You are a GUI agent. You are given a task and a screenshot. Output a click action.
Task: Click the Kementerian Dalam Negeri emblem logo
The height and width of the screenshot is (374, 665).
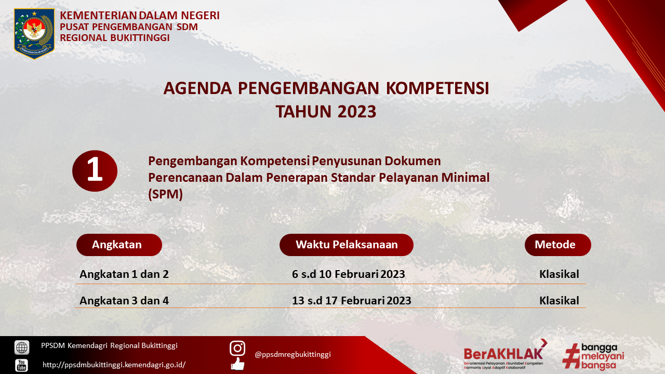[x=34, y=34]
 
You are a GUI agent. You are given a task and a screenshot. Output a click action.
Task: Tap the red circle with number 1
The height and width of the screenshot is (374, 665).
[x=95, y=171]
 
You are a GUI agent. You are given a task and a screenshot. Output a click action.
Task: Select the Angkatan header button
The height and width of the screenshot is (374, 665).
[x=119, y=245]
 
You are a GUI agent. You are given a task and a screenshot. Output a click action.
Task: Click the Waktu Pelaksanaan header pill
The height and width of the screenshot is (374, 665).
[x=347, y=245]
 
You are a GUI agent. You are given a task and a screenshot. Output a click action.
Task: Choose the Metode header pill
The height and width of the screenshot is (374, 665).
[x=558, y=245]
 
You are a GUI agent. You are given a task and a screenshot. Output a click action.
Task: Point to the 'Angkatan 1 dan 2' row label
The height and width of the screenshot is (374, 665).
[x=124, y=274]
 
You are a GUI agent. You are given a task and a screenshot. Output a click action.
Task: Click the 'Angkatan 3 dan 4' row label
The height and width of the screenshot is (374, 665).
[x=124, y=301]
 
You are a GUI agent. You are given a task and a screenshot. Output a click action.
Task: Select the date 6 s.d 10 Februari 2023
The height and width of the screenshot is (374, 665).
[x=349, y=274]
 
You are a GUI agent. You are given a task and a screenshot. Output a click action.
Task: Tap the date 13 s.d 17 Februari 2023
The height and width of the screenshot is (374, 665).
[x=352, y=301]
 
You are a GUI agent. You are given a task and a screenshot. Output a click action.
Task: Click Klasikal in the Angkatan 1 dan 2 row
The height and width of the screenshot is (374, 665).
[x=560, y=274]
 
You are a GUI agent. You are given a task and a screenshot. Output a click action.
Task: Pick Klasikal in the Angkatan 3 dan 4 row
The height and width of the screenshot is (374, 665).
[x=560, y=301]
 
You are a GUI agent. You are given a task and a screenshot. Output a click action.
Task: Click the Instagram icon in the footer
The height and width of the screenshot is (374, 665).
[x=237, y=348]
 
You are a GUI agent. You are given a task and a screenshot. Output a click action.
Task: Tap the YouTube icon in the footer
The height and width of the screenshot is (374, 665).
[x=22, y=365]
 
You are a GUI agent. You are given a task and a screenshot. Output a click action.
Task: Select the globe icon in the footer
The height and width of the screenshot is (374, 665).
[x=22, y=348]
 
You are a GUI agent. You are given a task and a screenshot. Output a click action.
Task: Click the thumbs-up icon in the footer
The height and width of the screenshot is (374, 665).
[x=237, y=364]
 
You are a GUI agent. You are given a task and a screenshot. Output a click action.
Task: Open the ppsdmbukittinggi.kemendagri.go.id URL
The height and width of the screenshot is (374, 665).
[x=114, y=365]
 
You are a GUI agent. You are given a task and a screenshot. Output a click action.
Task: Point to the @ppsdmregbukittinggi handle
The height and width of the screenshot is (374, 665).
[x=292, y=354]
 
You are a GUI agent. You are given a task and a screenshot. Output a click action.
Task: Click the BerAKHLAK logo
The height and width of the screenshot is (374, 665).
[x=506, y=354]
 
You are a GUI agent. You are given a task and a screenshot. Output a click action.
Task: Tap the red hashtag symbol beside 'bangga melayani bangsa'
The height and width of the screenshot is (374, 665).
[x=571, y=356]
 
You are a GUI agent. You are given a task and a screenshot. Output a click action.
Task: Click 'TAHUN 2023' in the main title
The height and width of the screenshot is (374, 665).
[x=326, y=112]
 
